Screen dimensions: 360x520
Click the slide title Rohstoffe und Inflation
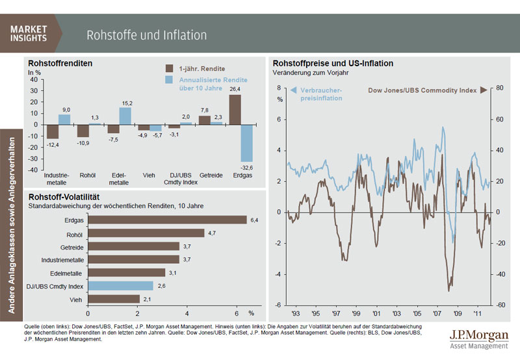point(147,34)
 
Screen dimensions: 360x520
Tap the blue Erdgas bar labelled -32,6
point(247,143)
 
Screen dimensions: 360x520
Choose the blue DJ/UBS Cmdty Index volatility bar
point(121,285)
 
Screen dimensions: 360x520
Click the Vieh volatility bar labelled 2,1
point(114,298)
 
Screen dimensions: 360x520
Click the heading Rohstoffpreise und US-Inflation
point(333,63)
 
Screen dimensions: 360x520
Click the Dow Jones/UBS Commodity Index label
point(422,90)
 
